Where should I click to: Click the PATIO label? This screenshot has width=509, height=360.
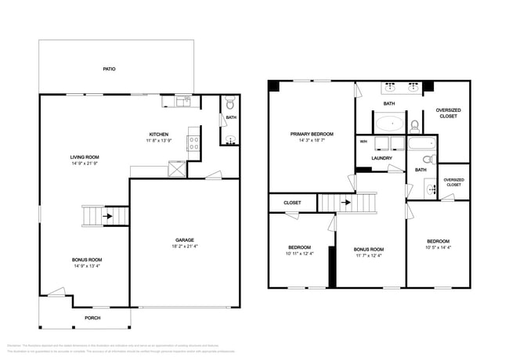110,69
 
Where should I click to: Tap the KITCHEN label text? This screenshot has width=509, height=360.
160,135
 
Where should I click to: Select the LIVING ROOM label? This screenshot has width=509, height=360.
84,157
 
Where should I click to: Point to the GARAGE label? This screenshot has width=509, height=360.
185,239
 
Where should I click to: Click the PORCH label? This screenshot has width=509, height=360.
92,318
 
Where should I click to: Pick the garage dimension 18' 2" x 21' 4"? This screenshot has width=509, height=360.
185,247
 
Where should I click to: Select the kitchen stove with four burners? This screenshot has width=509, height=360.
193,142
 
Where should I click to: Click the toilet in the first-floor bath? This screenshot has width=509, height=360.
229,103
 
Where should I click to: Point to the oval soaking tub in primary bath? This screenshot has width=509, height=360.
388,124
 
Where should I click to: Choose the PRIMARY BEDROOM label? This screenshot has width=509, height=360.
312,135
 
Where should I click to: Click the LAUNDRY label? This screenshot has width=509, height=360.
381,158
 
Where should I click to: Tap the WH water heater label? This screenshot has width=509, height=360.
363,142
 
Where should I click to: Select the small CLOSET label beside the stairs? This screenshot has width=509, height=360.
292,203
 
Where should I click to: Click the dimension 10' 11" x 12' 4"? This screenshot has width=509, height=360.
300,253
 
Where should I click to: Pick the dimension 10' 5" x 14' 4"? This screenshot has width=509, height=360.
438,247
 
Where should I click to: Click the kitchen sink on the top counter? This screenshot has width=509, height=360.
180,100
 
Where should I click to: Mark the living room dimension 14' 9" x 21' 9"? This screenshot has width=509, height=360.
84,164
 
